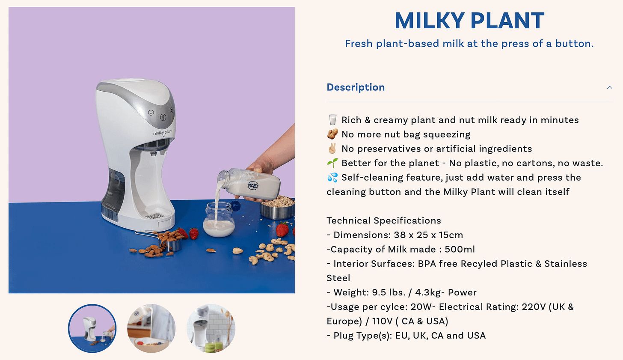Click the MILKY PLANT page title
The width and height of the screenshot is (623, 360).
click(x=469, y=21)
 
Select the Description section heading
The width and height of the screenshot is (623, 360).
click(x=356, y=87)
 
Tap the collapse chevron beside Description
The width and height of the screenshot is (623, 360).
click(x=609, y=87)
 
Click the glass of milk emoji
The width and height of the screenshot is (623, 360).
click(x=332, y=120)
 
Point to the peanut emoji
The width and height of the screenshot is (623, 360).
click(x=332, y=134)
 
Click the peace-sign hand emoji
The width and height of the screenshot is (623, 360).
click(x=332, y=149)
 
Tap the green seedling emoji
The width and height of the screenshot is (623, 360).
click(x=332, y=163)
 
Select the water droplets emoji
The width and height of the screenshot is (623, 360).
click(x=332, y=178)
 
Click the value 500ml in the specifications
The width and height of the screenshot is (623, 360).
click(x=460, y=249)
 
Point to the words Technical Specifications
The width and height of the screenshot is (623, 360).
click(x=384, y=220)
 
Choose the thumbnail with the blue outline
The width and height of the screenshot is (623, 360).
click(x=92, y=328)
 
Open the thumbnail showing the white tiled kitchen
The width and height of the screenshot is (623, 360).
click(x=211, y=328)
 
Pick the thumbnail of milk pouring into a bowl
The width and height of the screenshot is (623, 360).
click(x=151, y=328)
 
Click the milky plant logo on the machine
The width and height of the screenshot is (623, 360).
click(x=163, y=132)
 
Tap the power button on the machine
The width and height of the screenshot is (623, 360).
click(x=151, y=113)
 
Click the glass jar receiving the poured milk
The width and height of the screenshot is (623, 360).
click(x=219, y=220)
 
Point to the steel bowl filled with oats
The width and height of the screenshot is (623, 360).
click(x=277, y=208)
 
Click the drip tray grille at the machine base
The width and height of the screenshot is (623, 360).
click(x=155, y=216)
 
